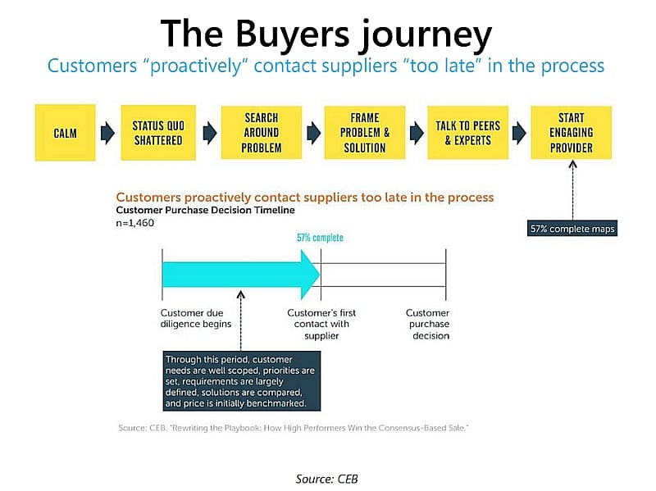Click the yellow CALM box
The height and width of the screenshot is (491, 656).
coord(66,133)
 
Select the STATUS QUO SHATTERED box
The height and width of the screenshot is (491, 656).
coord(158,133)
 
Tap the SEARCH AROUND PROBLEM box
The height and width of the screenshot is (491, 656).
coord(262,133)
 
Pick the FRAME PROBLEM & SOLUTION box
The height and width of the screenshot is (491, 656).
coord(365,133)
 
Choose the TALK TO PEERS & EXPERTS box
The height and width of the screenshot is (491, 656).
coord(467,133)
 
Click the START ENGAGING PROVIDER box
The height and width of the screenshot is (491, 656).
coord(572,133)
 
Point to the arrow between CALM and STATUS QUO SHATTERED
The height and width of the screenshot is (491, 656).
coord(108,133)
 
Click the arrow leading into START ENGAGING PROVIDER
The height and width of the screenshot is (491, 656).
coord(519,133)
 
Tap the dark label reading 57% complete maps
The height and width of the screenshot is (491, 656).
coord(572,229)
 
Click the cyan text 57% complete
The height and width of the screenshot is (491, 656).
coord(320,238)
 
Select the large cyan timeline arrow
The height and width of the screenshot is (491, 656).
coord(241,275)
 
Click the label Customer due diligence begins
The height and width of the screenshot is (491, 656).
coord(196,318)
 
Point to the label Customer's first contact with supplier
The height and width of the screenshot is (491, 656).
coord(321,324)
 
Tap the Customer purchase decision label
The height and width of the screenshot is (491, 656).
coord(428,324)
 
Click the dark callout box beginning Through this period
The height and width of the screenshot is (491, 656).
coord(242,381)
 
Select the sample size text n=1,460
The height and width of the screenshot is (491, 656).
coord(134,223)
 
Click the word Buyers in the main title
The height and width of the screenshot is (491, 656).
coord(293,34)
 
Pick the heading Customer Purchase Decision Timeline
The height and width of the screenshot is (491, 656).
coord(206,210)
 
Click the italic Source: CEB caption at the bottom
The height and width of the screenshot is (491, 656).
coord(326,479)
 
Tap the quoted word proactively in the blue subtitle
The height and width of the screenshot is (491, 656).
coord(196,66)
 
